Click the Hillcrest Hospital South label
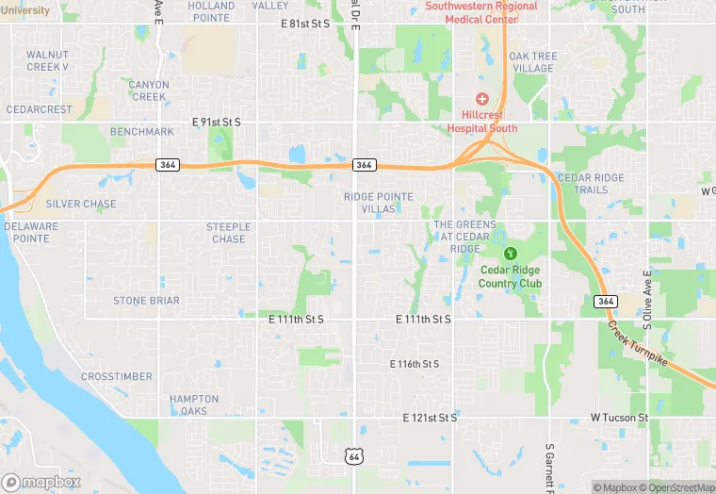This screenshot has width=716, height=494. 481,122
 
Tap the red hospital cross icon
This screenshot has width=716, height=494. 482,99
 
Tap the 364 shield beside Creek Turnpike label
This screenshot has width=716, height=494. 606,302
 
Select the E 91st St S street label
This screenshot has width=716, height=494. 217,123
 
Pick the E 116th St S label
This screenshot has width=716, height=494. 415,364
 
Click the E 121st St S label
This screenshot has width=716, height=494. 430,417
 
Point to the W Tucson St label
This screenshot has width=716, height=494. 620,417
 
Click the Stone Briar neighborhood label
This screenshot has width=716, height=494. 146,301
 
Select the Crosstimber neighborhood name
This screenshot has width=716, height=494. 117,376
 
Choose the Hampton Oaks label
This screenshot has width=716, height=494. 194,404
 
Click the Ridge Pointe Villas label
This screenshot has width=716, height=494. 379,202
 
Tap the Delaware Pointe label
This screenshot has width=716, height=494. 32,233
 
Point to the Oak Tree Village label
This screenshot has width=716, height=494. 532,62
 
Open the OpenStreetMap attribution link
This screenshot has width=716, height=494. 676,487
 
